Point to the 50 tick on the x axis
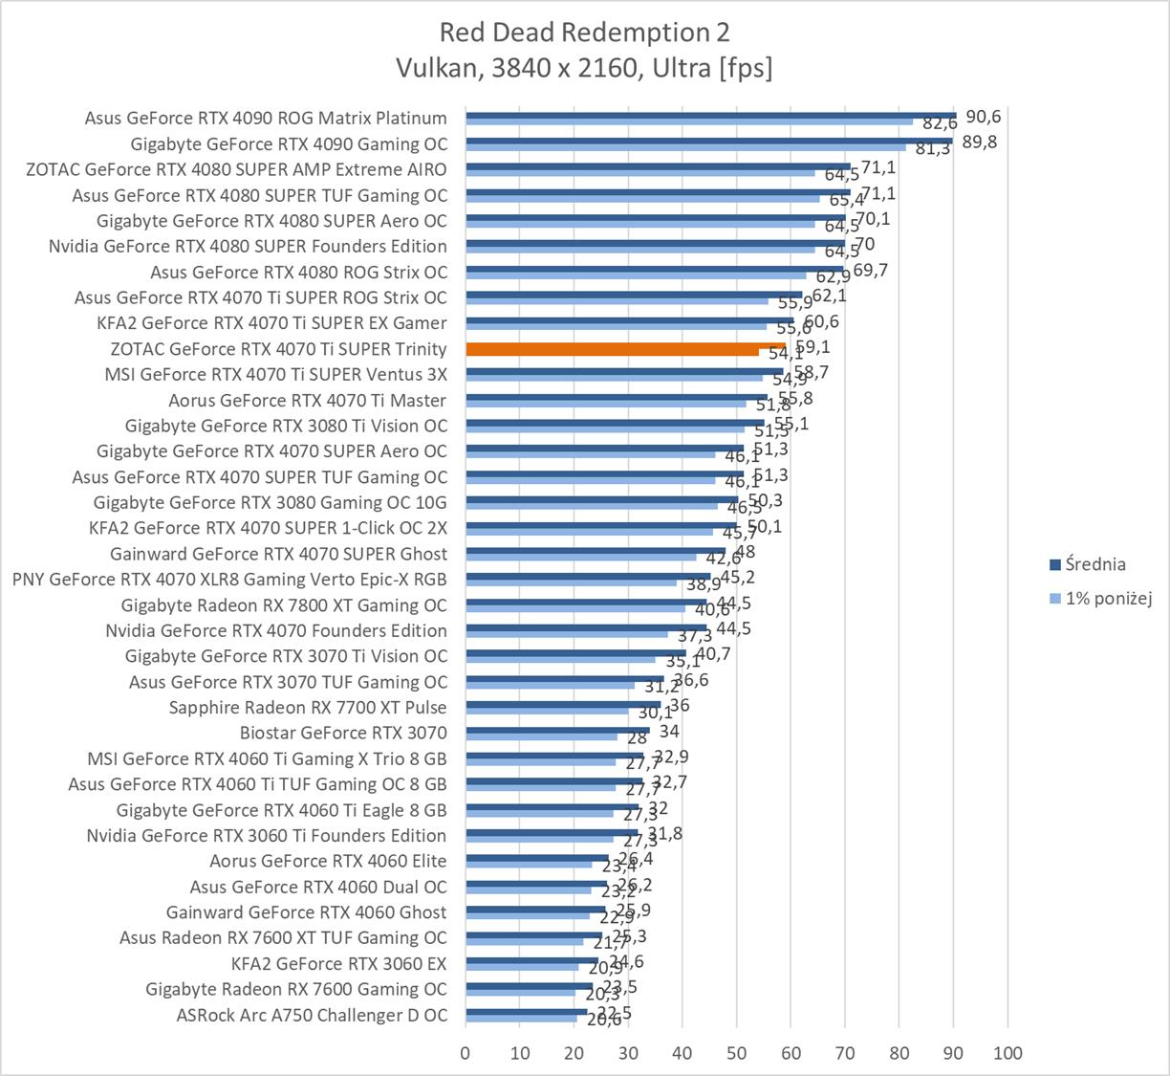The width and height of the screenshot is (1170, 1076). coord(736,1053)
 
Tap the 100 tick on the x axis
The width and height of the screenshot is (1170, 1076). coord(1007,1053)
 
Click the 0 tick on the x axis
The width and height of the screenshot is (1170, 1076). coord(466,1053)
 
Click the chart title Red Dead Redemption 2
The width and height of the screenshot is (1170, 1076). coord(584,33)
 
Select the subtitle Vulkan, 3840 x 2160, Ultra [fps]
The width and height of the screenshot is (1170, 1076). coord(584,68)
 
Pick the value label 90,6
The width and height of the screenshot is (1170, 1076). coord(984,117)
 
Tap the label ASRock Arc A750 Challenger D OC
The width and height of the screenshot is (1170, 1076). coord(312,1015)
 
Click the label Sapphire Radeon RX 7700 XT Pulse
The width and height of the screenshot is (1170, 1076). coord(308,707)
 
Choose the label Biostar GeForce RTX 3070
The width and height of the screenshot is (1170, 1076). coord(343,733)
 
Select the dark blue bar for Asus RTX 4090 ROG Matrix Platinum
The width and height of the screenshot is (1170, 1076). coord(710,115)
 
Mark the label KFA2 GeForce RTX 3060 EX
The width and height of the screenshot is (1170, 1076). coord(339,963)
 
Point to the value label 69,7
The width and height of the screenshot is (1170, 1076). coord(871,270)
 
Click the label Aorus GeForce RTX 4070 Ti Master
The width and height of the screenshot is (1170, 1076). coord(308,400)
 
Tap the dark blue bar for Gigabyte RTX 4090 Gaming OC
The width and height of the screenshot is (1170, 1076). coord(708,141)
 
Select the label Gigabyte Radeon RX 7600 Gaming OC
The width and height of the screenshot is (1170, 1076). coord(296,989)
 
